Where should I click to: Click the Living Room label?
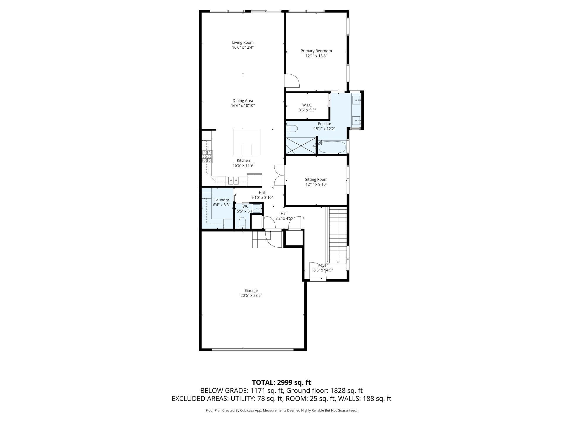click(243, 42)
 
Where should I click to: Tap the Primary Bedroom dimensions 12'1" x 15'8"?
click(316, 56)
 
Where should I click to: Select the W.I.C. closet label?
click(307, 105)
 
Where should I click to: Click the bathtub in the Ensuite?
click(332, 147)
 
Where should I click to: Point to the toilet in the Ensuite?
click(292, 128)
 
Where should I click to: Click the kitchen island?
click(247, 142)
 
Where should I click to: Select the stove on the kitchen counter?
click(207, 156)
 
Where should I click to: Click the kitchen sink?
click(233, 181)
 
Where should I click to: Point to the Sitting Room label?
click(316, 179)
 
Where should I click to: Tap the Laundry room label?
click(221, 200)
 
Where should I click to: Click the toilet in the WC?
click(243, 223)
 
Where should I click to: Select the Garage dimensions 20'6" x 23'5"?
click(251, 296)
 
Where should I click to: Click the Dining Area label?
click(243, 101)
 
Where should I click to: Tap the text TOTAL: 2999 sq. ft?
click(281, 382)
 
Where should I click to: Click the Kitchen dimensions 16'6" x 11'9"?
click(243, 165)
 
